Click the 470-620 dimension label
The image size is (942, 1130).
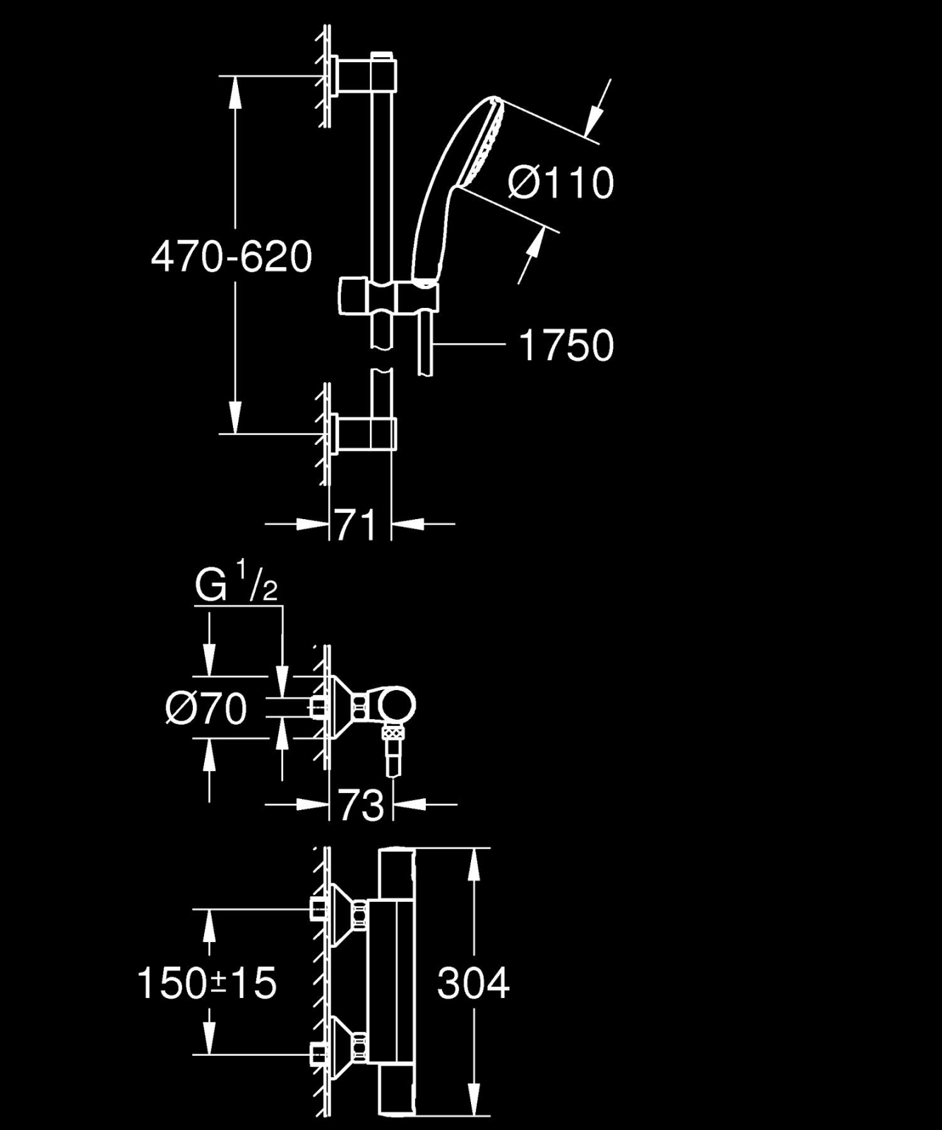coord(232,256)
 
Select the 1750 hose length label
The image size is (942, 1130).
coord(566,345)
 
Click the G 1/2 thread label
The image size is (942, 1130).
coord(235,586)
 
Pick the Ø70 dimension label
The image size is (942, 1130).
coord(206,708)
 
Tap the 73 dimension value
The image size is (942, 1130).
coord(360,804)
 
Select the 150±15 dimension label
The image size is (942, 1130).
coord(207,982)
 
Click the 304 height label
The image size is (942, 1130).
coord(473,982)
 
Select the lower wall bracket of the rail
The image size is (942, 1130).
coord(363,432)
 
